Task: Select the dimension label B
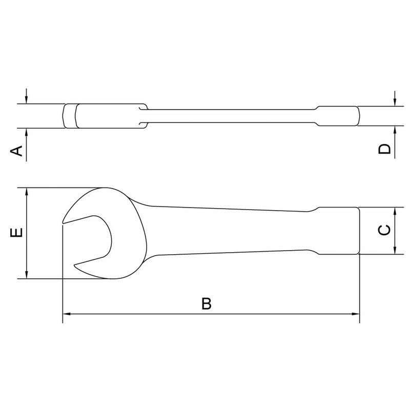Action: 206,303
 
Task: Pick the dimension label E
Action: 17,233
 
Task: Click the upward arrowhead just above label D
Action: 395,130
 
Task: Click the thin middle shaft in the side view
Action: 231,115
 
